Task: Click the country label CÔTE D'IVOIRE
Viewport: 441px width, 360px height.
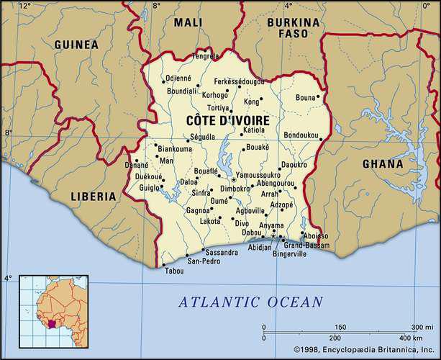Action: pyautogui.click(x=228, y=120)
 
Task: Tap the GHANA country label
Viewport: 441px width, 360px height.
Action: pyautogui.click(x=382, y=163)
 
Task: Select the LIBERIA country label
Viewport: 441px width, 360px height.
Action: pyautogui.click(x=93, y=196)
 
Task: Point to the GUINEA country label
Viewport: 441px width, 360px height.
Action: pyautogui.click(x=76, y=45)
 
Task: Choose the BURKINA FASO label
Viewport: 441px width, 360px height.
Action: pyautogui.click(x=288, y=27)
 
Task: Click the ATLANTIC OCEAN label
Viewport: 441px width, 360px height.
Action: pyautogui.click(x=250, y=302)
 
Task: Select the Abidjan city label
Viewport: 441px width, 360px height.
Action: pyautogui.click(x=260, y=247)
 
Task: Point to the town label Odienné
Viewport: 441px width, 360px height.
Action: pyautogui.click(x=178, y=78)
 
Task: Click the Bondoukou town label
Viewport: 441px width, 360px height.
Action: pyautogui.click(x=301, y=135)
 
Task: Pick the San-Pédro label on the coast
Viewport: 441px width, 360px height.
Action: pyautogui.click(x=204, y=261)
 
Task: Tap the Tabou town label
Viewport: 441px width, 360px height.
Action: pyautogui.click(x=174, y=271)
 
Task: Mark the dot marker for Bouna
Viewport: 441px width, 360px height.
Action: pyautogui.click(x=318, y=96)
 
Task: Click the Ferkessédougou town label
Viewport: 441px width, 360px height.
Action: pyautogui.click(x=234, y=82)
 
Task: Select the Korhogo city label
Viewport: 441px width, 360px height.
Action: pyautogui.click(x=214, y=94)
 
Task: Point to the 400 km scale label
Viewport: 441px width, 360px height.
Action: pyautogui.click(x=412, y=338)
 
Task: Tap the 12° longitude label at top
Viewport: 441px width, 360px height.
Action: pyautogui.click(x=24, y=6)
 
